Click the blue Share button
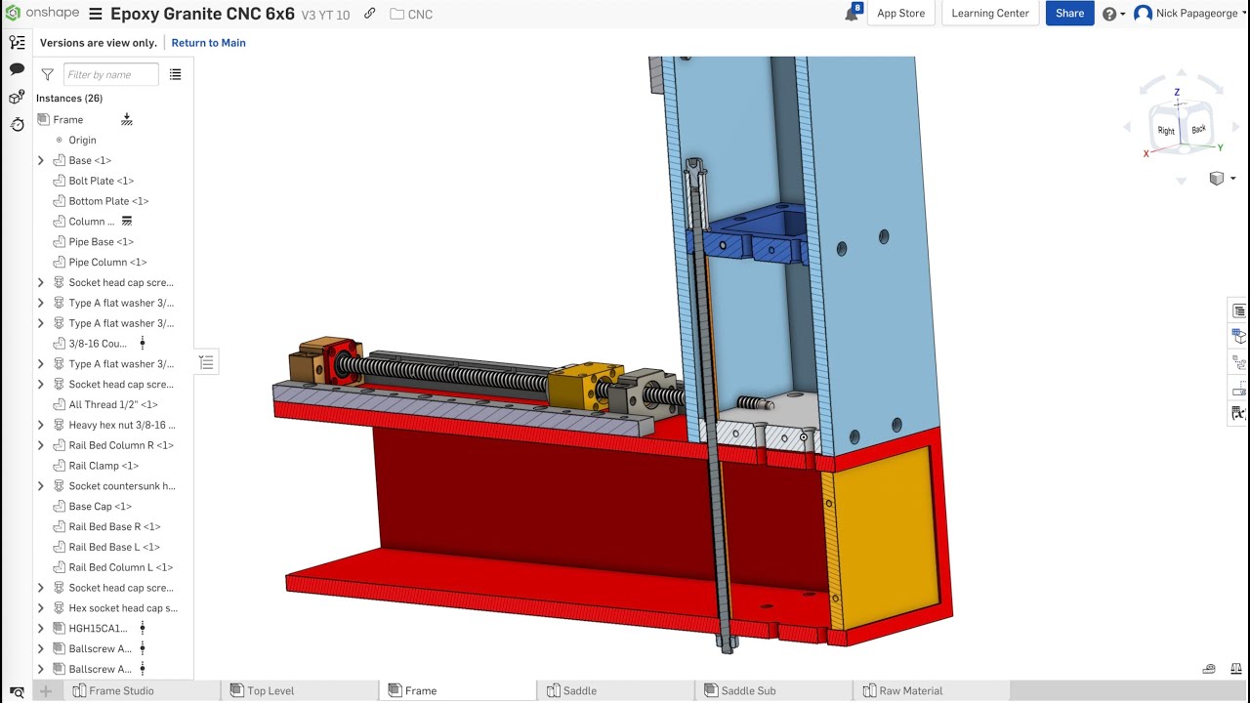coord(1069,14)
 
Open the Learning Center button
coord(990,14)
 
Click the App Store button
coord(900,14)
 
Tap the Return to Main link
coord(208,43)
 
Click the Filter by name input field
coord(111,75)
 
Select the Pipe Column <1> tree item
coord(107,263)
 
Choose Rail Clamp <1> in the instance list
coord(104,466)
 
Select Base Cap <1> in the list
coord(100,507)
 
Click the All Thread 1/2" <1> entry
coord(113,404)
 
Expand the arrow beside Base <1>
coord(41,161)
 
